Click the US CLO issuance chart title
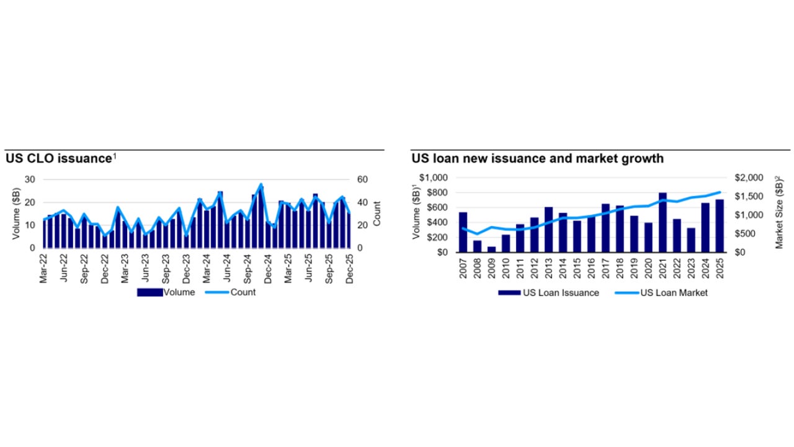(x=58, y=158)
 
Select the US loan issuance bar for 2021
(x=662, y=222)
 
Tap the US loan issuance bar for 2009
(x=491, y=249)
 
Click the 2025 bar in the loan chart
(x=720, y=225)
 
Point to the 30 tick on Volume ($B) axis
(x=30, y=179)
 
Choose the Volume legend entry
(x=166, y=292)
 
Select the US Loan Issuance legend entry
(x=549, y=293)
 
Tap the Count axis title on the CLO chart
(x=377, y=213)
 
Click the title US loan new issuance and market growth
(x=537, y=158)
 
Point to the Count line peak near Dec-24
(x=261, y=184)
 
